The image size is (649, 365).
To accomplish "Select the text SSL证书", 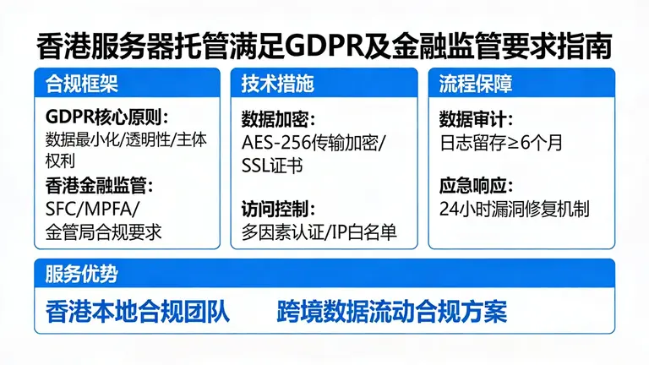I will [x=272, y=164].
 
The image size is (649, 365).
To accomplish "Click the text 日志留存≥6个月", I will [x=500, y=142].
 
